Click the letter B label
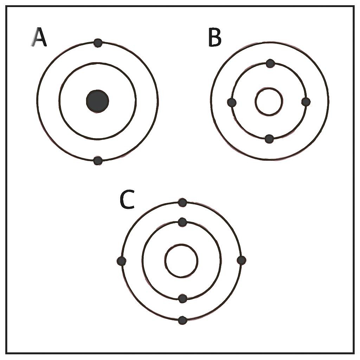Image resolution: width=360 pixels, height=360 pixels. coord(215,37)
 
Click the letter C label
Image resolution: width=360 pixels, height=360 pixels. coord(127,199)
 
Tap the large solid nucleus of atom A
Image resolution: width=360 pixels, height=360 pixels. coord(97,101)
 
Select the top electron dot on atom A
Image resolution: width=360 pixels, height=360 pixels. coord(98,43)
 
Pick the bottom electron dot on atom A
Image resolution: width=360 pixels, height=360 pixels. coord(98,160)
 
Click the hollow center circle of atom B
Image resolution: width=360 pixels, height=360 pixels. coord(269,88)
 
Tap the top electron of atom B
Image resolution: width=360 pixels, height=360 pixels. coord(270,63)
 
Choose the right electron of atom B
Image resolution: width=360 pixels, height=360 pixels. coord(306,102)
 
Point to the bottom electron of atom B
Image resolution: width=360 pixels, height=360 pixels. coord(269,139)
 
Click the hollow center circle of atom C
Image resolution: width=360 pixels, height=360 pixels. coord(181,244)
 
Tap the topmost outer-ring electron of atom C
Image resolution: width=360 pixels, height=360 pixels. coord(182,202)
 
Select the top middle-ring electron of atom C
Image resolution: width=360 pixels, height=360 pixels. coord(182,222)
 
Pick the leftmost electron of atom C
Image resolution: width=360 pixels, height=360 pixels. coord(121,261)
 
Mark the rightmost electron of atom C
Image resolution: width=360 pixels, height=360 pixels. coord(241,260)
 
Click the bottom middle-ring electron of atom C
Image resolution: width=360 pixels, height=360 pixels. coord(182,298)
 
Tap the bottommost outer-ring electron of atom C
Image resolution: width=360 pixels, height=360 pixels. coord(182,320)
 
